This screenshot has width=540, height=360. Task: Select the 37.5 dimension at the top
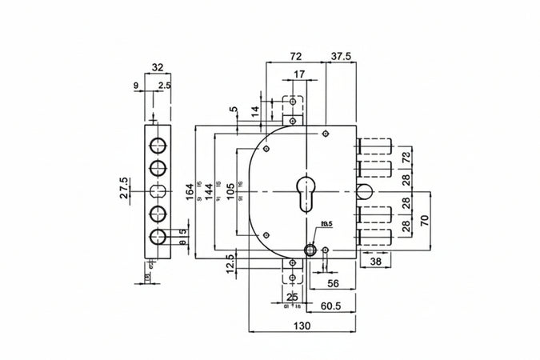tap(339, 57)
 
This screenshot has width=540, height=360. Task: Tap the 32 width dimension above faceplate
tap(157, 68)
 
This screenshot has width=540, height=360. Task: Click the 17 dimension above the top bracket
tap(298, 75)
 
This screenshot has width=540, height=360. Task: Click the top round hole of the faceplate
tap(158, 146)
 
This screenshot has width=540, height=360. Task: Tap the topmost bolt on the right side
tap(374, 147)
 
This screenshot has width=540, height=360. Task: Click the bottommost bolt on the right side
tap(374, 236)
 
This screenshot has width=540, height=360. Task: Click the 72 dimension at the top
tap(295, 57)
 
